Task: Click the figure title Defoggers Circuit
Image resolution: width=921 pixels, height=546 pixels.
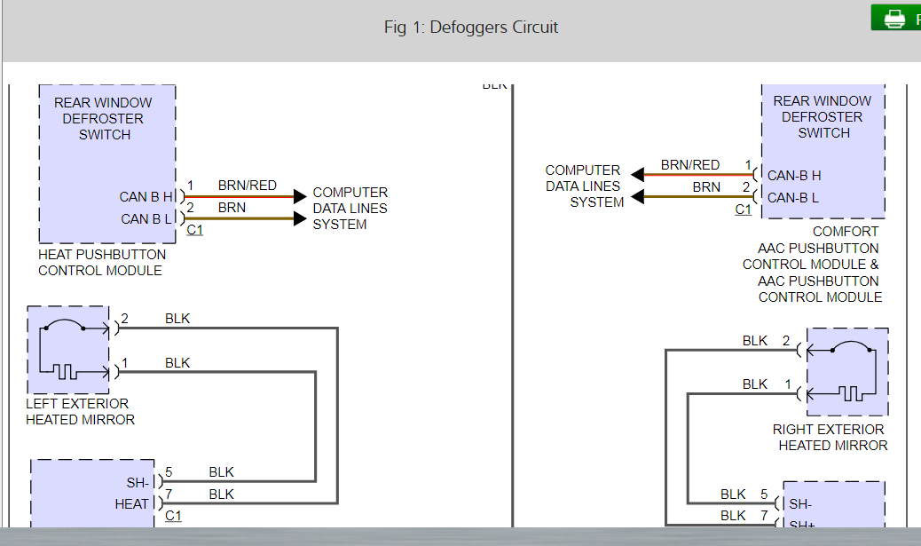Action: [471, 28]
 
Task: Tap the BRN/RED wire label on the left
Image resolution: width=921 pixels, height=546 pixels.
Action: [247, 186]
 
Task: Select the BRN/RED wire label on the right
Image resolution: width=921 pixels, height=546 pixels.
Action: [689, 165]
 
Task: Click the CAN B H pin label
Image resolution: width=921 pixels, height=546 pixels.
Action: [146, 197]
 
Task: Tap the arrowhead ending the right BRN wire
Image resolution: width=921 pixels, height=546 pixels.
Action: [638, 196]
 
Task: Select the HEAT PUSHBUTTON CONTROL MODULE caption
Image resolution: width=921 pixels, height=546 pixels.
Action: [101, 262]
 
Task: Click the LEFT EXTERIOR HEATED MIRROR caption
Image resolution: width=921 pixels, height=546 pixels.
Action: [80, 412]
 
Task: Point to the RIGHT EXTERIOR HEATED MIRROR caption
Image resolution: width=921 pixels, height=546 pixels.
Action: [830, 437]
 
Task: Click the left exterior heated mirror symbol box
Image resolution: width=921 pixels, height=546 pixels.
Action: [67, 350]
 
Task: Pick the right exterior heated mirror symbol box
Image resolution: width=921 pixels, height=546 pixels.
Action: [846, 372]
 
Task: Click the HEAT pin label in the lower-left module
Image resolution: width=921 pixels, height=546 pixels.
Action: [132, 503]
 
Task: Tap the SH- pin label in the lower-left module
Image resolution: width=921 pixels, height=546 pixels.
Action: [138, 482]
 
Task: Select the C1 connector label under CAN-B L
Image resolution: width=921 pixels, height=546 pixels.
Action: [743, 210]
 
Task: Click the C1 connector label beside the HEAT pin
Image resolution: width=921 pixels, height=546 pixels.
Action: [173, 515]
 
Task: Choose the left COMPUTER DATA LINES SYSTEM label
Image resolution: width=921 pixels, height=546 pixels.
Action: [350, 208]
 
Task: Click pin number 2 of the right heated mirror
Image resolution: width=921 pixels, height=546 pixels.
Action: [786, 340]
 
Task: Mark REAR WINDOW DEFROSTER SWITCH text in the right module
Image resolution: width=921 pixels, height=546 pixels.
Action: [823, 116]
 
